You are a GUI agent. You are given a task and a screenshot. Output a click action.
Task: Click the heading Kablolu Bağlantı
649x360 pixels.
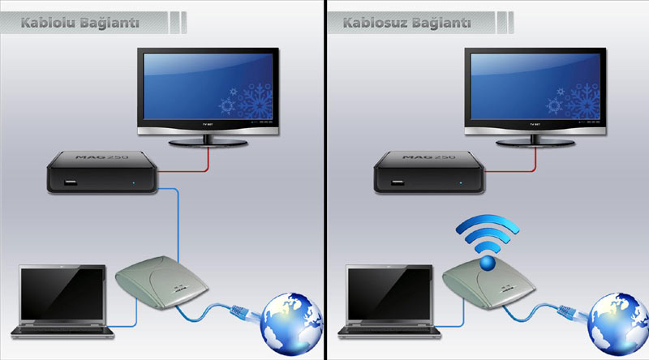coord(80,23)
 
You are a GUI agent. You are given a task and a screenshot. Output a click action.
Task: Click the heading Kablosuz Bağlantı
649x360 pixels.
coord(406,23)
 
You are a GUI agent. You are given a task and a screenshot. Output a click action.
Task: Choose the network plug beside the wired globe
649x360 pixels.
coord(243,309)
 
